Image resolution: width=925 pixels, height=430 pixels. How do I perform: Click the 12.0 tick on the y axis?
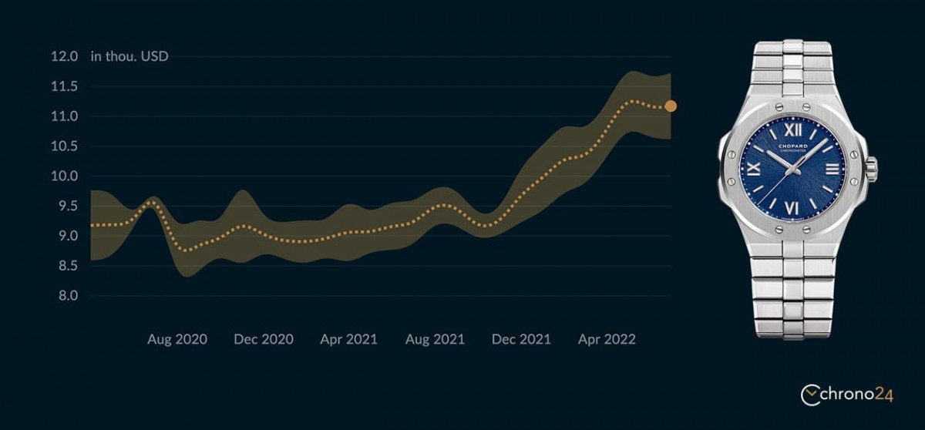click(65, 57)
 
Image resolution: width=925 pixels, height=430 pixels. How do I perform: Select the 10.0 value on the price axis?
click(63, 176)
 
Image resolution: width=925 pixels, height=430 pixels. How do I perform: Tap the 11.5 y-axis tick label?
click(63, 87)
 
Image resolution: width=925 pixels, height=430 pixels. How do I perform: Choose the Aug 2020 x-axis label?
click(177, 339)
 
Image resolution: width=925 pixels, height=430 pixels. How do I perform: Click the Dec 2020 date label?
click(264, 339)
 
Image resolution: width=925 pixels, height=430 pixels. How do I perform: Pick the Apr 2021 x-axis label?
click(349, 339)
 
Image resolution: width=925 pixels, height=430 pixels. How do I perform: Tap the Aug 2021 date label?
click(435, 339)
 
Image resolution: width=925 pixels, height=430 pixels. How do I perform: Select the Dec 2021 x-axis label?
click(521, 339)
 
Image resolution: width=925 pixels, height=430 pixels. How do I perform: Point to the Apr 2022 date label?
click(607, 339)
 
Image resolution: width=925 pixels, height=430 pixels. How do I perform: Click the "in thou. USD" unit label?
click(129, 57)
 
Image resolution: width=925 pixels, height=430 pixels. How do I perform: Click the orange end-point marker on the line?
click(671, 106)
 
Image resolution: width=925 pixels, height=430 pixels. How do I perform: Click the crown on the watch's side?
click(872, 169)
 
